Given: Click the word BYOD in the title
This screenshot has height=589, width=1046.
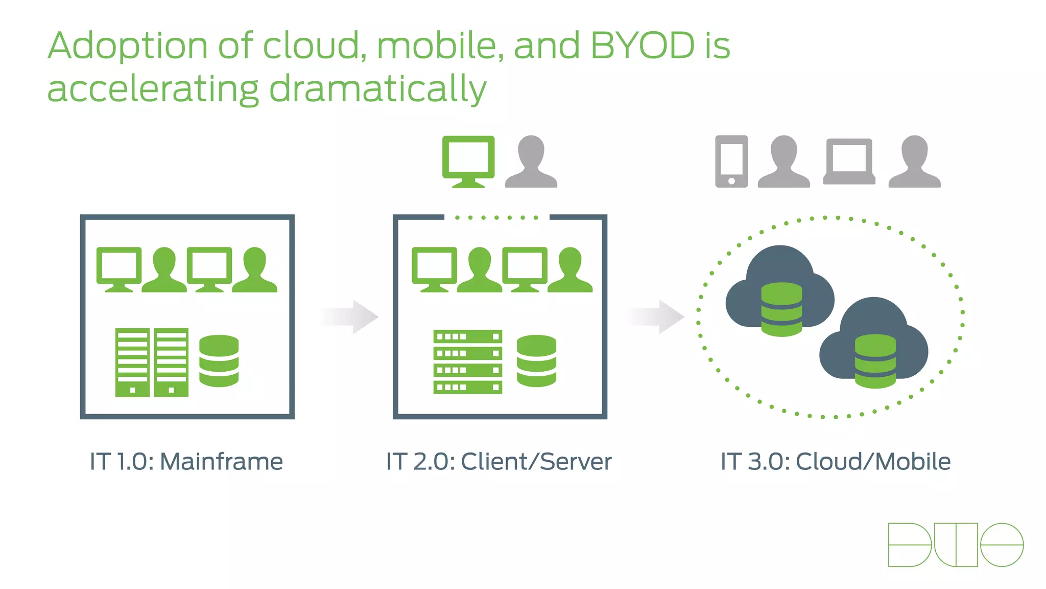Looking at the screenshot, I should click(x=643, y=46).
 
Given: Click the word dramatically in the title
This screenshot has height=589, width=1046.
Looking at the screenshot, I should click(x=378, y=89).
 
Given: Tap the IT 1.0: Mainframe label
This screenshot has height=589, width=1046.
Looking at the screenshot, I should click(x=186, y=462).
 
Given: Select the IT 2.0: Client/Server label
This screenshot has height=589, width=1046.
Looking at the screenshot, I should click(x=498, y=462).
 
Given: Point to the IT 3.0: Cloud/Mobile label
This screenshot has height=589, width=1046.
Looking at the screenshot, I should click(x=836, y=462).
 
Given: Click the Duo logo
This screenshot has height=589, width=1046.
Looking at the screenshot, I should click(x=956, y=545).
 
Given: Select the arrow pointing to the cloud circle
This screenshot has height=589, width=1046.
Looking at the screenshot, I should click(x=656, y=316).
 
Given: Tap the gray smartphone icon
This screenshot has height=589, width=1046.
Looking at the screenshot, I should click(x=731, y=161).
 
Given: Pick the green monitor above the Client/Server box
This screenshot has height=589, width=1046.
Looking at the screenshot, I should click(x=468, y=161).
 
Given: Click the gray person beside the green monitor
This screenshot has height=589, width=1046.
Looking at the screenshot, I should click(x=531, y=162).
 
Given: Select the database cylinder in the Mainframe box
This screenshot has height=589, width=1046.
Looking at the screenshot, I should click(x=219, y=361).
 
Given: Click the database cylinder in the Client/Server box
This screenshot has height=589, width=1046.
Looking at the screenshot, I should click(x=536, y=361).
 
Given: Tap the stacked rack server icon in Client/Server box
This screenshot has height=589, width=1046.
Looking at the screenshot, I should click(x=467, y=361).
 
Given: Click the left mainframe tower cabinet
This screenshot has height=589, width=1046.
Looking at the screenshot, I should click(x=132, y=362).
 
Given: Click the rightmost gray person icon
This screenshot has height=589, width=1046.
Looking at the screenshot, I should click(x=914, y=162).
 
